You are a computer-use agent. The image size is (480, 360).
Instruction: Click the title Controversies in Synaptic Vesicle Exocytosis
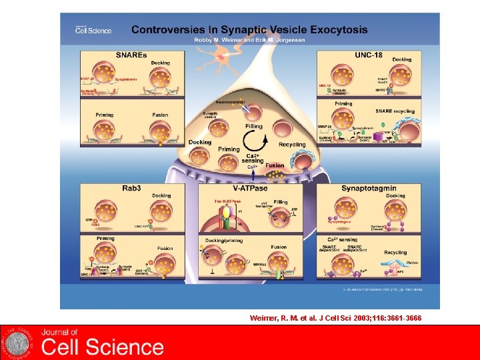(249, 29)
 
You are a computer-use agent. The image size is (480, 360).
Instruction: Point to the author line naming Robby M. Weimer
(249, 39)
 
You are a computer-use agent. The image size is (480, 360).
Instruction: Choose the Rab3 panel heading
(131, 187)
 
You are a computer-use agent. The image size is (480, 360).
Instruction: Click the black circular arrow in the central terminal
(253, 141)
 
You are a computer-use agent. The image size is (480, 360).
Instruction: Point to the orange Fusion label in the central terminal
(275, 165)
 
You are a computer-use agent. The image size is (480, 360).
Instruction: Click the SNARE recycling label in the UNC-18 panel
(395, 111)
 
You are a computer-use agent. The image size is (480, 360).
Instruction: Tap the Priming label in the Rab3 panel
(105, 238)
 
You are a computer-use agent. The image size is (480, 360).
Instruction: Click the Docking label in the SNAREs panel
(160, 63)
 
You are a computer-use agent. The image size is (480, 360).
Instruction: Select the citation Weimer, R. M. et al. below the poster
(336, 318)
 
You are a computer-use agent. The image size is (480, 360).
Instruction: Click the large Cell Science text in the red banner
(103, 347)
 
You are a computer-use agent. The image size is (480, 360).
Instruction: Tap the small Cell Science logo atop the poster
(93, 29)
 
